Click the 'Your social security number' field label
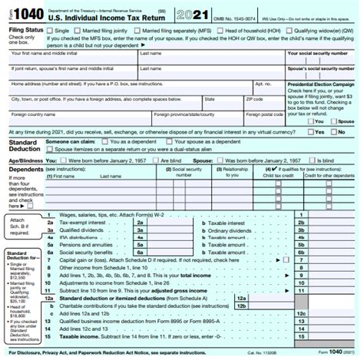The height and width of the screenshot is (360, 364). click(319, 54)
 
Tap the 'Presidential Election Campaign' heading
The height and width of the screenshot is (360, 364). click(322, 84)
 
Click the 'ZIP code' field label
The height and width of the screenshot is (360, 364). click(256, 99)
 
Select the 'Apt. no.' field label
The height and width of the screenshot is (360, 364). click(263, 84)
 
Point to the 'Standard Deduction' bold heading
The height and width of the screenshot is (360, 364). click(24, 145)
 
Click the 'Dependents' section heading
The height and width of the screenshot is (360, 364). click(27, 168)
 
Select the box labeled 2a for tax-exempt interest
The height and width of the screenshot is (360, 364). click(141, 222)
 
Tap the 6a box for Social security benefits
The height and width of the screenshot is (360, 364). click(141, 251)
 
